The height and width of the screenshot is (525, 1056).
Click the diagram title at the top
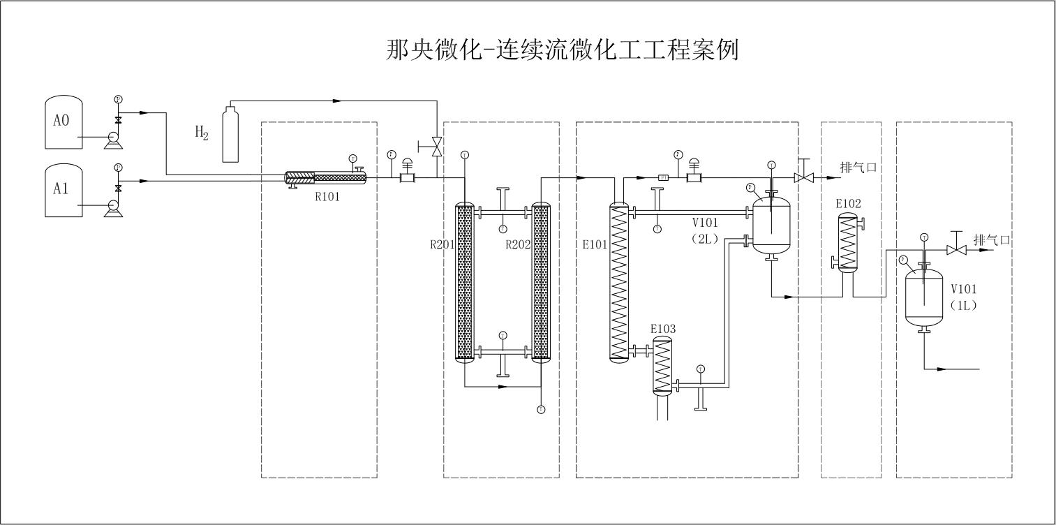click(562, 50)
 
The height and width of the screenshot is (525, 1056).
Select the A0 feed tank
click(64, 121)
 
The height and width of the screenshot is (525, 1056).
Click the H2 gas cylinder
click(230, 134)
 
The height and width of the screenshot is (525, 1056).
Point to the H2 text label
click(202, 132)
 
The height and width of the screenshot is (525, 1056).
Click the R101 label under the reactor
click(327, 196)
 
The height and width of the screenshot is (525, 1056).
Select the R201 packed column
click(465, 281)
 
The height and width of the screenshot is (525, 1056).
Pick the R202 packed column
click(541, 281)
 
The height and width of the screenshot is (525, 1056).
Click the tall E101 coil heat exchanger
click(618, 281)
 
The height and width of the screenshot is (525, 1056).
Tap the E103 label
click(662, 328)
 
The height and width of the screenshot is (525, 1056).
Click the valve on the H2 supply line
click(436, 147)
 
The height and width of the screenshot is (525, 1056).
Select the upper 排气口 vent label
click(856, 168)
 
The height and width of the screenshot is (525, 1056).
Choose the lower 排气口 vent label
click(992, 240)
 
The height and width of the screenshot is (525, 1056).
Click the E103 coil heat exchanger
click(662, 367)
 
